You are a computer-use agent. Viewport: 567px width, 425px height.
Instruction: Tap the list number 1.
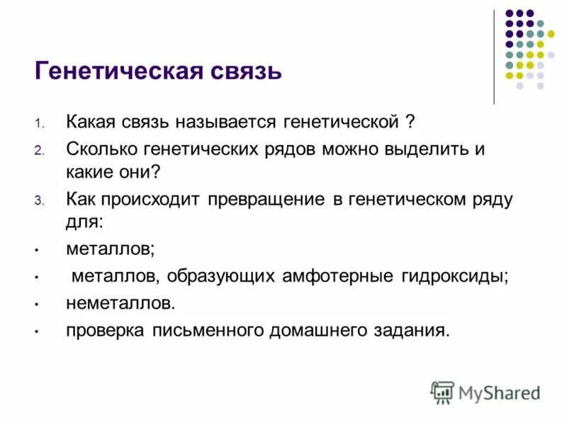coord(39,124)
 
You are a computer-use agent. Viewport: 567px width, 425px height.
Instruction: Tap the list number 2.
coord(39,151)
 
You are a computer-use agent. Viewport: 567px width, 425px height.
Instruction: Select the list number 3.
coord(39,200)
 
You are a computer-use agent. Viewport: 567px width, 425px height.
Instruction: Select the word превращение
coord(266,199)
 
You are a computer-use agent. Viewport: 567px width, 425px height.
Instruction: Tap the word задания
coord(415,330)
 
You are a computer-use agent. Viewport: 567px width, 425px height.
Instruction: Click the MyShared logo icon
coord(442,392)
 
